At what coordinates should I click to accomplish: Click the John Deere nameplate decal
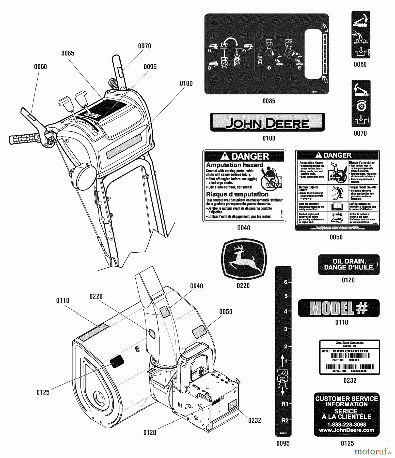267,122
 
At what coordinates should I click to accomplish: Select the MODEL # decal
339,308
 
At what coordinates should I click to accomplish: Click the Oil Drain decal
349,264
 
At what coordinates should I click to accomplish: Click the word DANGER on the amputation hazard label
250,156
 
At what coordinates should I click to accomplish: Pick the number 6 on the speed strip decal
286,282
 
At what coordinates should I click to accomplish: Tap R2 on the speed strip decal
285,420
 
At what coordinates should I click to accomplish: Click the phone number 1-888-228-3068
347,424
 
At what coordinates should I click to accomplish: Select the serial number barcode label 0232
350,357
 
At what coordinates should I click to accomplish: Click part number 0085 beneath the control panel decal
269,101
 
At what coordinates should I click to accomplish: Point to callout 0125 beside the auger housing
43,392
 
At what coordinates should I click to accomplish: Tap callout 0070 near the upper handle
145,46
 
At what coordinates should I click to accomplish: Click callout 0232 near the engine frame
255,420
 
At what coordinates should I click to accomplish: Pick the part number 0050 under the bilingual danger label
336,237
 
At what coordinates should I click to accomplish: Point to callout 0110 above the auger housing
62,300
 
